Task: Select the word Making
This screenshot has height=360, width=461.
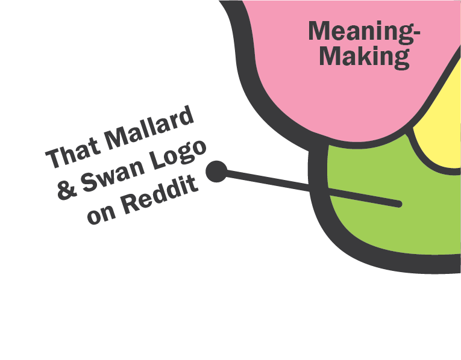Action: pyautogui.click(x=365, y=57)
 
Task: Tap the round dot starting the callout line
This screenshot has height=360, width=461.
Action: pyautogui.click(x=216, y=172)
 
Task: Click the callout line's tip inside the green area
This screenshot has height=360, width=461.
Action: pyautogui.click(x=398, y=205)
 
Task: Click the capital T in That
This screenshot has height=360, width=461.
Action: pyautogui.click(x=54, y=158)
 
